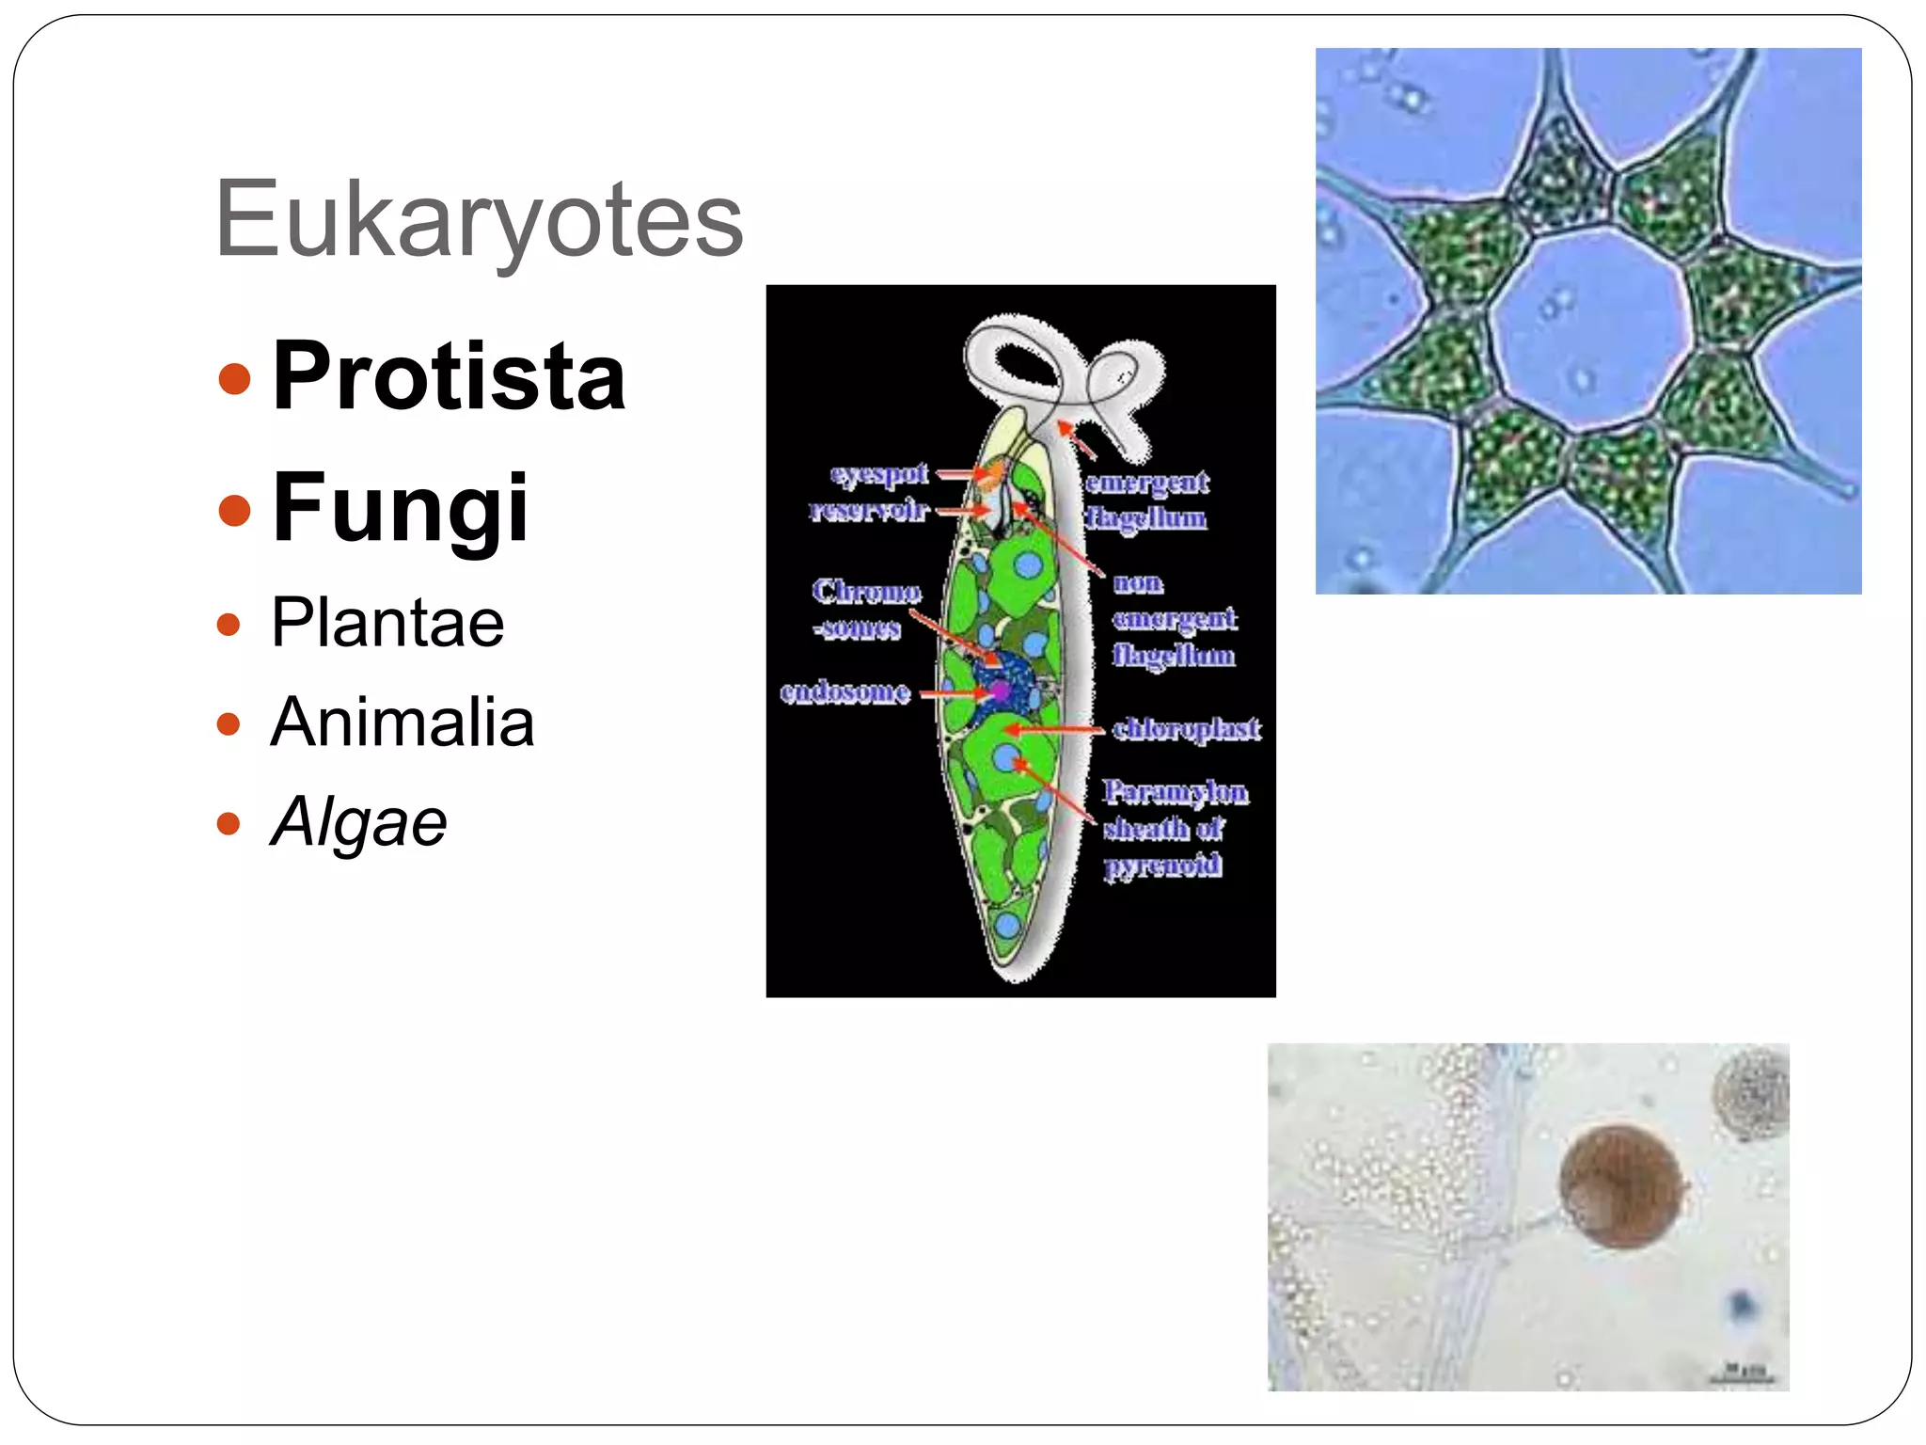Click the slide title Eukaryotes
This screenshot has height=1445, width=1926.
[479, 219]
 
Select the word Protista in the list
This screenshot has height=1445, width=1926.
[449, 376]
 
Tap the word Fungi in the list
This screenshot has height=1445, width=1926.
[400, 508]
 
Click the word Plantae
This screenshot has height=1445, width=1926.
[387, 623]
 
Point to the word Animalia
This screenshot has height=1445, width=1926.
[403, 722]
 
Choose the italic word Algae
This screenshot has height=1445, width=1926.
[358, 822]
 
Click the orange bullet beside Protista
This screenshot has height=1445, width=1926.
[234, 379]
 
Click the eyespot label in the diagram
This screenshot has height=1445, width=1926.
[878, 473]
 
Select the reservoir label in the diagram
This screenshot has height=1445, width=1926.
[868, 510]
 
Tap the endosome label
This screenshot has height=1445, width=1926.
[845, 692]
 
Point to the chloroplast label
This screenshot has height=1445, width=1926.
[1186, 728]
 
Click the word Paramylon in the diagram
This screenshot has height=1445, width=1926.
[1176, 792]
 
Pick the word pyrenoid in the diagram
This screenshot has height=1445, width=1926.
[1163, 864]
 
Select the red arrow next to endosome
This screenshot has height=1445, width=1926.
[952, 694]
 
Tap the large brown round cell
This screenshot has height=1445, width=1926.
[1620, 1187]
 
